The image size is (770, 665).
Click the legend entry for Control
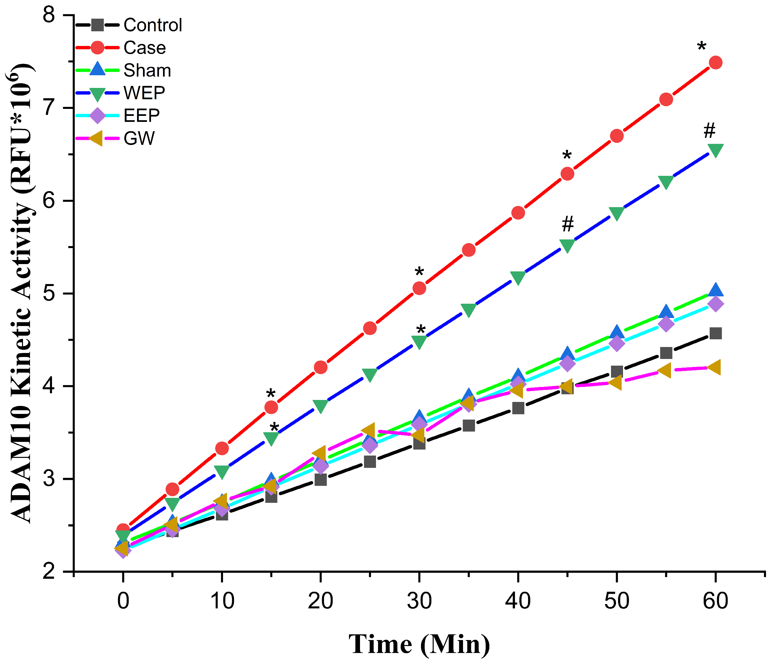pyautogui.click(x=152, y=25)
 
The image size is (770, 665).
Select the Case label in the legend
pyautogui.click(x=144, y=48)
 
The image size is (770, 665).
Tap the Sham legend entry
pyautogui.click(x=147, y=71)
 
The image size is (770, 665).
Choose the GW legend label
pyautogui.click(x=139, y=139)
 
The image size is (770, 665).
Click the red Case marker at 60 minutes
pyautogui.click(x=715, y=62)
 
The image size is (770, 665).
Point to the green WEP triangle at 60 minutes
pyautogui.click(x=715, y=151)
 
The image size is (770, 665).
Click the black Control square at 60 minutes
pyautogui.click(x=715, y=333)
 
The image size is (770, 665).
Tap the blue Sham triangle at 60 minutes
pyautogui.click(x=715, y=289)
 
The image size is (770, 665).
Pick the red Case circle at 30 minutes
pyautogui.click(x=419, y=288)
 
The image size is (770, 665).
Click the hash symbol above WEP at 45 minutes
pyautogui.click(x=567, y=223)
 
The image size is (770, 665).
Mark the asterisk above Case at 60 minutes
pyautogui.click(x=701, y=48)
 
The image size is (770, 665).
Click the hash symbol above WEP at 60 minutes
pyautogui.click(x=709, y=130)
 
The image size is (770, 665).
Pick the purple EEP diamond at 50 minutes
pyautogui.click(x=617, y=343)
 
